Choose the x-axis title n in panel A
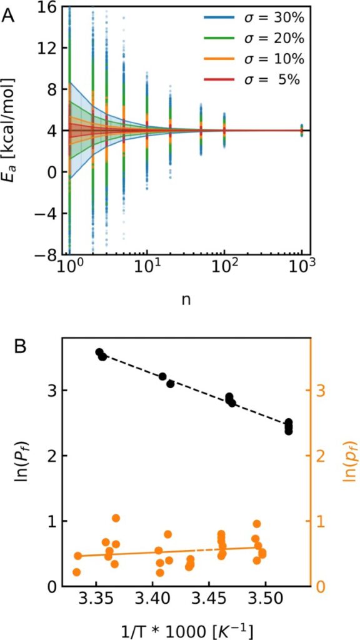click(186, 299)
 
